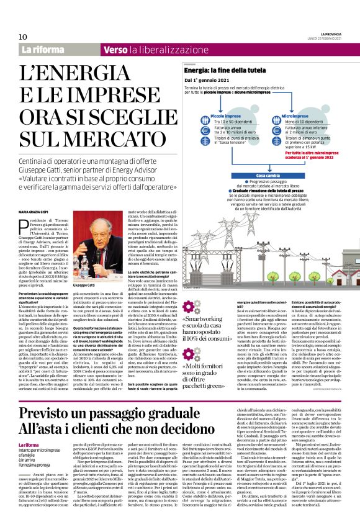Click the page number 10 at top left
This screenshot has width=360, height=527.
click(23, 37)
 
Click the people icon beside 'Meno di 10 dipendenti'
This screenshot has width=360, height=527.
click(274, 122)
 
